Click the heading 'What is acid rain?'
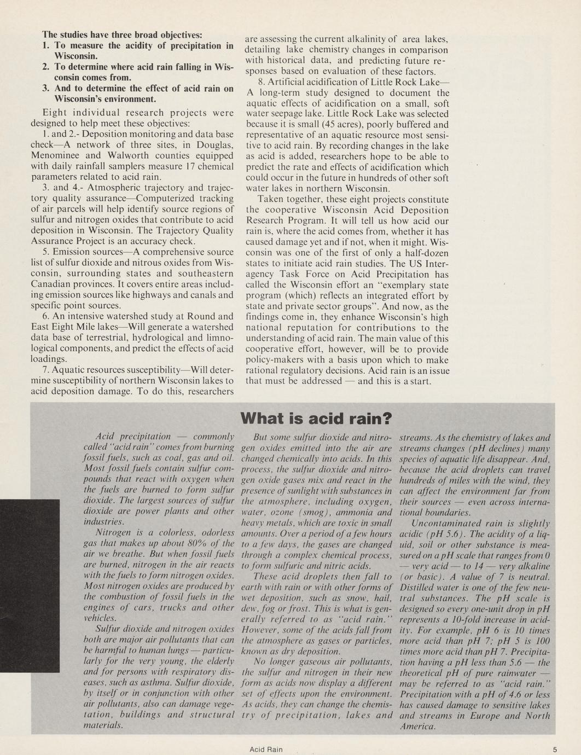pyautogui.click(x=317, y=419)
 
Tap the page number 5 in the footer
pyautogui.click(x=554, y=750)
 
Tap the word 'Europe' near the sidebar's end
pyautogui.click(x=484, y=716)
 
